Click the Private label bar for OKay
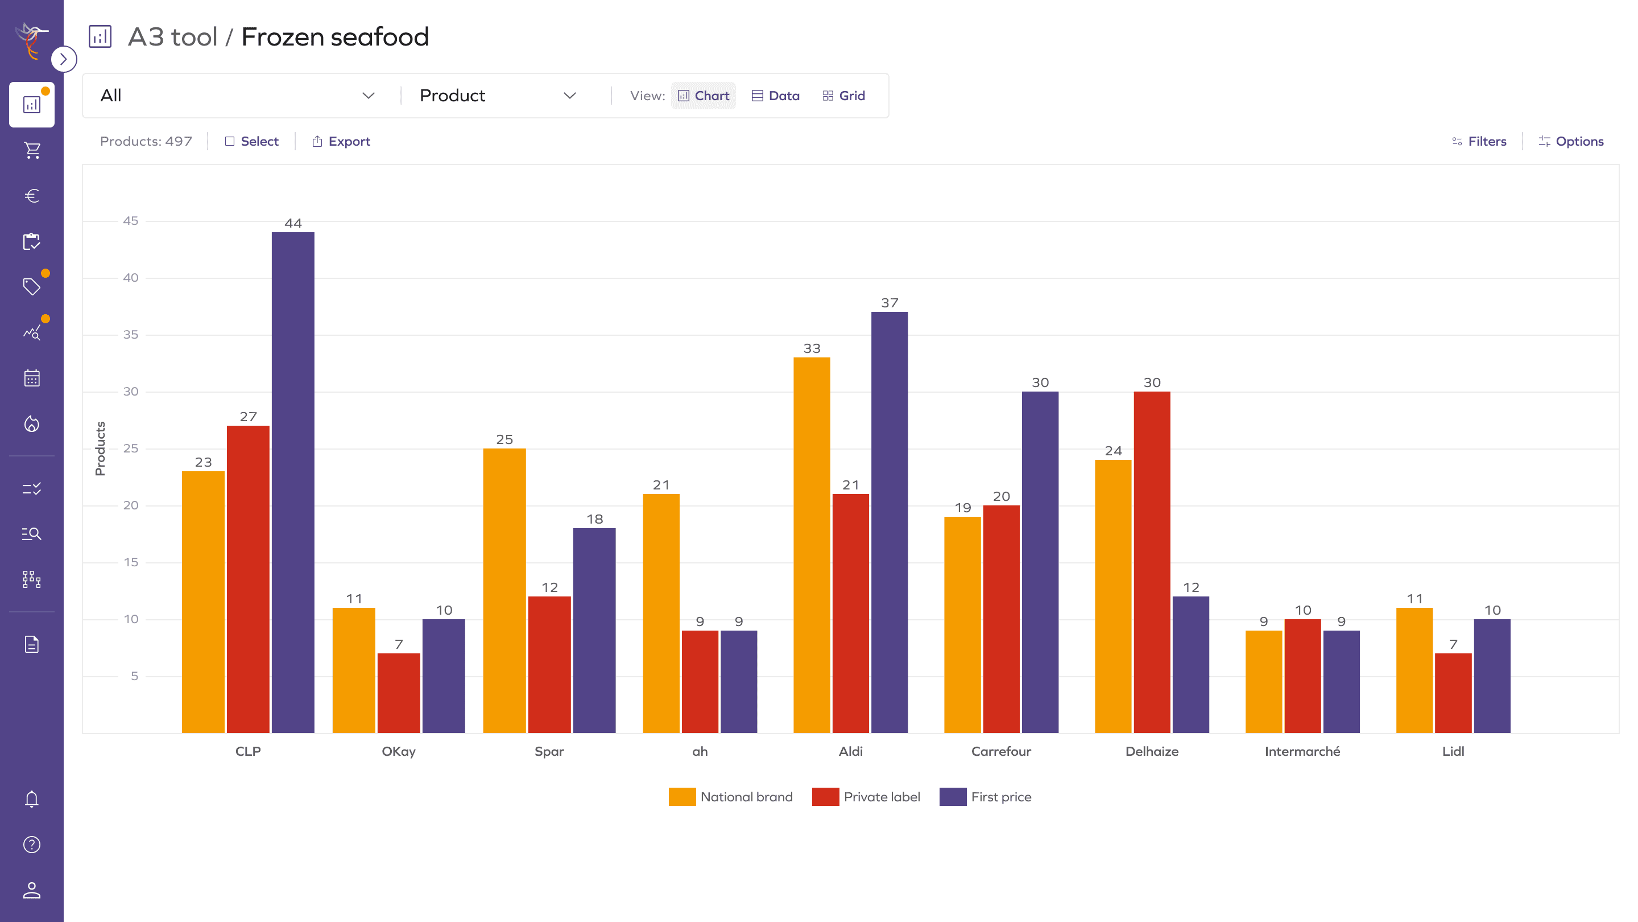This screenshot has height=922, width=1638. pos(399,693)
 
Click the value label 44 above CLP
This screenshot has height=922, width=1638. pos(293,223)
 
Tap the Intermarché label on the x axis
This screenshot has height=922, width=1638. pos(1302,751)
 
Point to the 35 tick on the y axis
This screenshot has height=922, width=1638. pos(130,335)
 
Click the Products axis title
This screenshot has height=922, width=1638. pos(100,448)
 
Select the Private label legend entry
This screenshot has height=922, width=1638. pos(866,797)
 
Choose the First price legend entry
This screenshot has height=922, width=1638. pos(986,797)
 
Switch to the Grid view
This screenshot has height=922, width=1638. pos(844,96)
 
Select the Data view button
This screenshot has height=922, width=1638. pos(776,96)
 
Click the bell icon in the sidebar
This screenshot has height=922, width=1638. pos(32,799)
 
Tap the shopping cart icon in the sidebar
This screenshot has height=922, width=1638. pos(32,150)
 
